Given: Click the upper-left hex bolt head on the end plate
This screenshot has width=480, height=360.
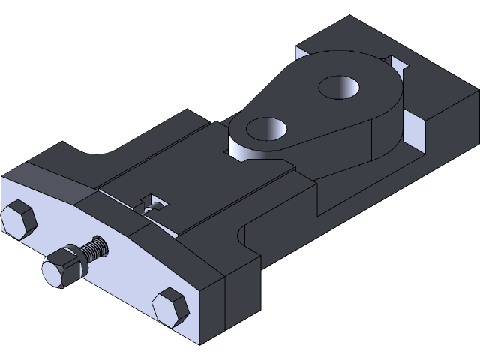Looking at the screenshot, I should [19, 220].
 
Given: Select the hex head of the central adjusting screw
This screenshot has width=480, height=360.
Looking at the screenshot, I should [58, 269].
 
